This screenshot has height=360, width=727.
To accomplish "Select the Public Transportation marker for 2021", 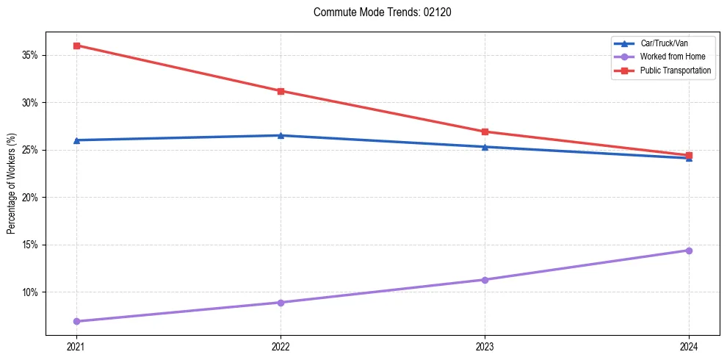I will (x=76, y=46).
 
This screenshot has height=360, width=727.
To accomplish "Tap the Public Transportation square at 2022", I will (x=281, y=91).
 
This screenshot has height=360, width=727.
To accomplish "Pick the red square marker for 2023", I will (x=485, y=132).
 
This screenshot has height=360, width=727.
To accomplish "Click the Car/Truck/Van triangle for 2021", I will (x=76, y=140).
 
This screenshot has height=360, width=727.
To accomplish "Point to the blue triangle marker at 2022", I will (x=281, y=135).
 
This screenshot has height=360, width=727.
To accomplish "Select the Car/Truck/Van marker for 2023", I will (x=485, y=147).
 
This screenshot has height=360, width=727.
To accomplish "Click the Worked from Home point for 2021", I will (x=76, y=321).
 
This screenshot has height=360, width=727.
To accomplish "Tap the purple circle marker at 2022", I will (x=281, y=303).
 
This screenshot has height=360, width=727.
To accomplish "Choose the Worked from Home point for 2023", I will (x=485, y=280).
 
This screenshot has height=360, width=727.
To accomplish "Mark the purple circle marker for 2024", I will (x=689, y=251).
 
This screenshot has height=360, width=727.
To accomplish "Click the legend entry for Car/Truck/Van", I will (x=665, y=44).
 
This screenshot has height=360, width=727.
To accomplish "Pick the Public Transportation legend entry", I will (x=675, y=71).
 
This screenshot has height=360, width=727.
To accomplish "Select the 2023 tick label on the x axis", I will (x=485, y=346).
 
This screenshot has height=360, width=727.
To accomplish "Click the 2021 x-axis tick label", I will (x=76, y=346).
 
